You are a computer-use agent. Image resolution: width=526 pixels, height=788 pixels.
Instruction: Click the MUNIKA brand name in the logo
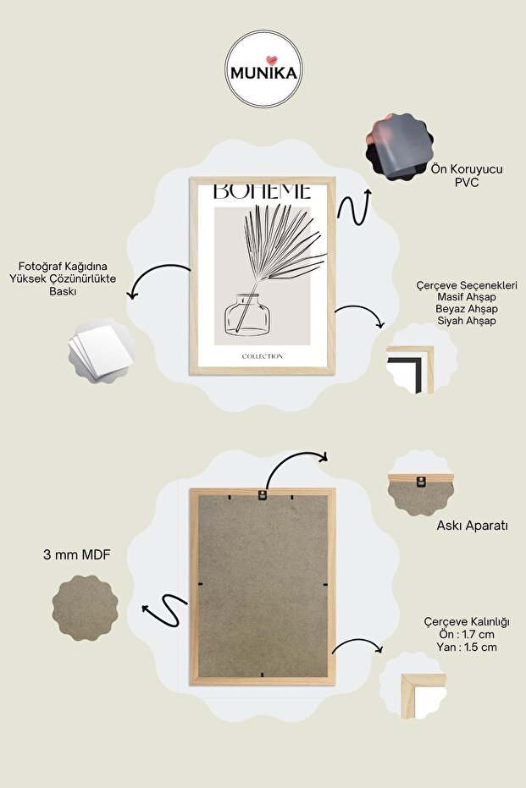click(x=263, y=74)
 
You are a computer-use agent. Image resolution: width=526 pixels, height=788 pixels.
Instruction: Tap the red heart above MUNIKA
click(x=272, y=60)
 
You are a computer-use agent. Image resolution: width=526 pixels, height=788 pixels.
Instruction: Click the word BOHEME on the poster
click(x=263, y=191)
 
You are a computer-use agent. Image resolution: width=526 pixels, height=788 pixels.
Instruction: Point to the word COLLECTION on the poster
click(x=263, y=356)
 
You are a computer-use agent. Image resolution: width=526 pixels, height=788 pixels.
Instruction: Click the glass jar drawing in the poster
click(x=247, y=315)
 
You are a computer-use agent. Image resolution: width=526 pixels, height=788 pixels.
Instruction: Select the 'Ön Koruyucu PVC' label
click(x=467, y=175)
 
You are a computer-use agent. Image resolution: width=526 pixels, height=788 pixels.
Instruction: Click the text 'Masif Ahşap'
click(x=467, y=297)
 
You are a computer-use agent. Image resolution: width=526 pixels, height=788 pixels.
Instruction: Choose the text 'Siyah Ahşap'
click(x=467, y=321)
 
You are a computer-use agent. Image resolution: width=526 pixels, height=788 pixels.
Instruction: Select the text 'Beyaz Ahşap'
click(x=467, y=309)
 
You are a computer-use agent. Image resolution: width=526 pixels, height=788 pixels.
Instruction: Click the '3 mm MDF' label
click(x=77, y=555)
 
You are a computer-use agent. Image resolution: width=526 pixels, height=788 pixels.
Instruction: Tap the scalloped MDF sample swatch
click(x=85, y=608)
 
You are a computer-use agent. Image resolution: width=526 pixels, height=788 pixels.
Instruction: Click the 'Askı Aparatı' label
click(x=472, y=526)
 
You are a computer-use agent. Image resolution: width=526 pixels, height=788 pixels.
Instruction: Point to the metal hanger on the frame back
click(x=262, y=494)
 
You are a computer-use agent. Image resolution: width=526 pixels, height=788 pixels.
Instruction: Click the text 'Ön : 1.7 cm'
click(x=467, y=634)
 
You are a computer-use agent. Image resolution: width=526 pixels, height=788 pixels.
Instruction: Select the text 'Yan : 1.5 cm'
click(x=467, y=647)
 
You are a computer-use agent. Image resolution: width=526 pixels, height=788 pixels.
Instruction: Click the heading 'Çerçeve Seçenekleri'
click(x=467, y=285)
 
